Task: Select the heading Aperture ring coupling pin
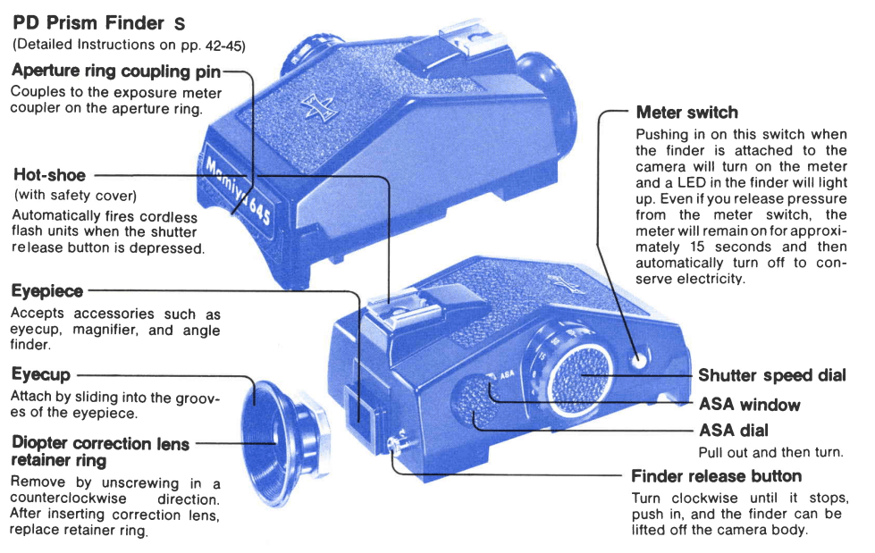pyautogui.click(x=116, y=70)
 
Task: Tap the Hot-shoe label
pyautogui.click(x=50, y=174)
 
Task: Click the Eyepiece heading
pyautogui.click(x=47, y=290)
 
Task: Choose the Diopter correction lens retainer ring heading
pyautogui.click(x=101, y=451)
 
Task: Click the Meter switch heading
pyautogui.click(x=686, y=113)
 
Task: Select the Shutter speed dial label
pyautogui.click(x=771, y=376)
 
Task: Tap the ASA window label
pyautogui.click(x=749, y=404)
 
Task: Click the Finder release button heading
pyautogui.click(x=716, y=475)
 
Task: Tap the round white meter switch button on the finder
pyautogui.click(x=637, y=359)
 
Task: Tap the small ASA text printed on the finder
pyautogui.click(x=506, y=375)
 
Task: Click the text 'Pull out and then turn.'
pyautogui.click(x=770, y=452)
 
